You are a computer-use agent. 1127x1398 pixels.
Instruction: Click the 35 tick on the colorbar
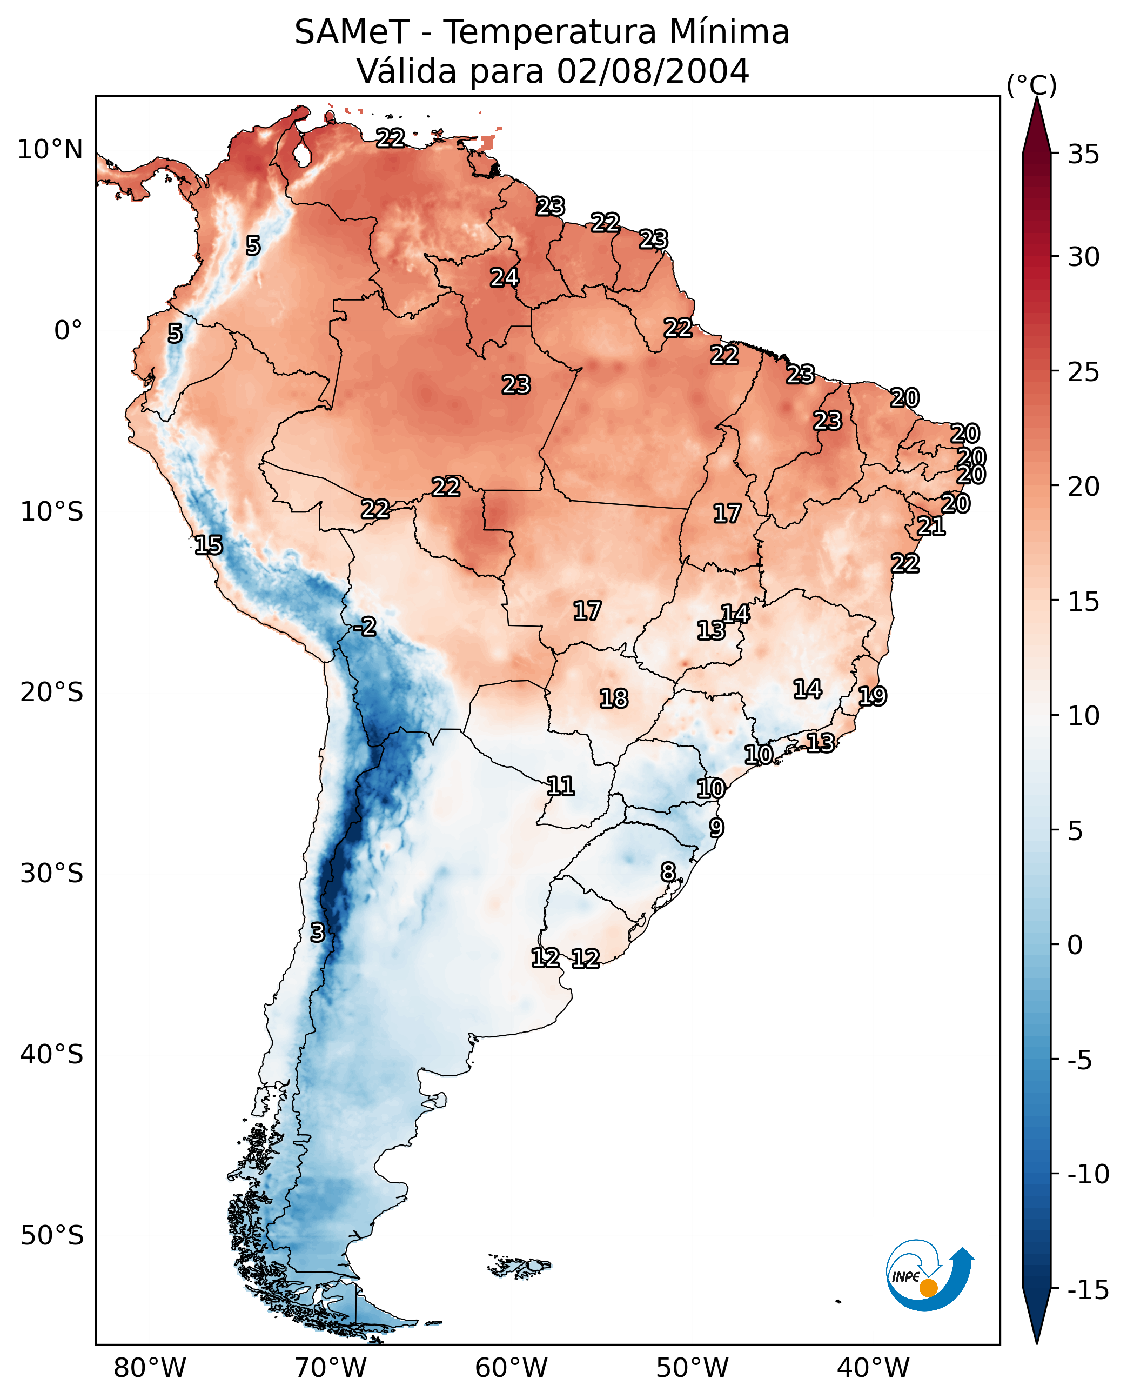tap(1083, 155)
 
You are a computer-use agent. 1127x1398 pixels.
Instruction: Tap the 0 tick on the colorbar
tap(1075, 944)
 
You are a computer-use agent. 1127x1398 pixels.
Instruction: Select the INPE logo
tap(930, 1275)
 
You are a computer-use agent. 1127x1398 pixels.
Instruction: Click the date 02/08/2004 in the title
tap(653, 71)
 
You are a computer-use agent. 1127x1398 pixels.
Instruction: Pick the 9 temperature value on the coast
tap(716, 828)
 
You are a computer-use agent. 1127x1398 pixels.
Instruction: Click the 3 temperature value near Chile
tap(317, 932)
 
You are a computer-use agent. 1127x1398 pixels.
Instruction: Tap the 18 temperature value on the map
tap(614, 698)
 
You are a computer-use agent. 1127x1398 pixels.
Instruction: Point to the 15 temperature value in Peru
tap(209, 545)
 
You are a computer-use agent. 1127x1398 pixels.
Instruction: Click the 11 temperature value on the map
tap(560, 786)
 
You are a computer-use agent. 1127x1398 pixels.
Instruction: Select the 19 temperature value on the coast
tap(873, 696)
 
